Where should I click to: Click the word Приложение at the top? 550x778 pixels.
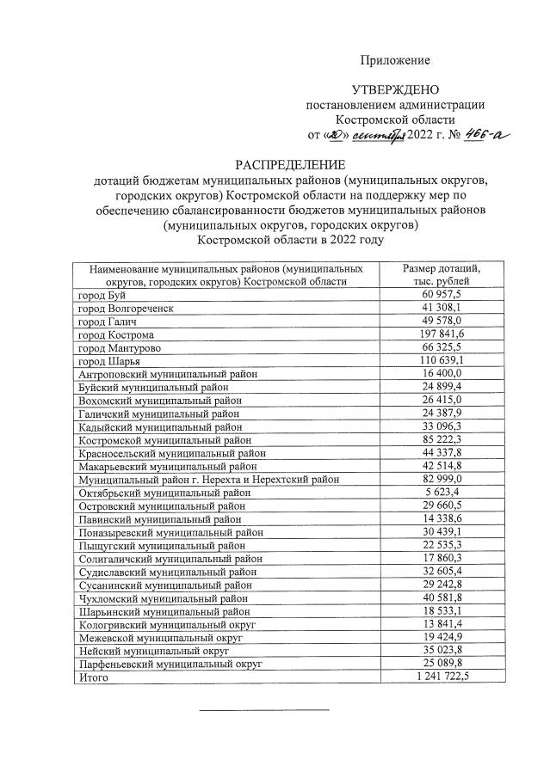(394, 60)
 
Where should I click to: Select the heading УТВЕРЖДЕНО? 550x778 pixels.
(395, 89)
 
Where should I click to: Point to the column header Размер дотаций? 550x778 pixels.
(442, 269)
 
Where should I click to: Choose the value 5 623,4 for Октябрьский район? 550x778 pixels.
(445, 493)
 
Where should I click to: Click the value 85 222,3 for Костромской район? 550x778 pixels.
(443, 439)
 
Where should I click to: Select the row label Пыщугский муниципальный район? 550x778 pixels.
(158, 545)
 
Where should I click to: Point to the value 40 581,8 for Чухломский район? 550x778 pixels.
(443, 598)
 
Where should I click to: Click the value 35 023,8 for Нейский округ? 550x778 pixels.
(443, 651)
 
